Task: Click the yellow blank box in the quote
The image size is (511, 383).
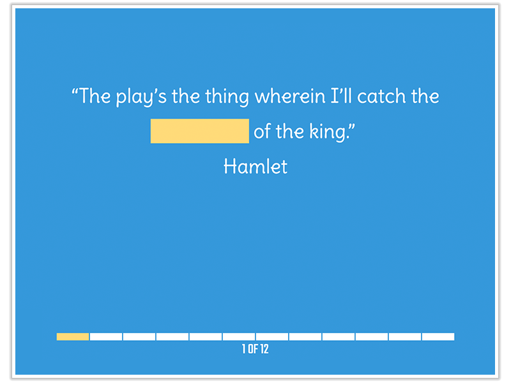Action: (199, 131)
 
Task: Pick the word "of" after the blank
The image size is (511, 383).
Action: (263, 131)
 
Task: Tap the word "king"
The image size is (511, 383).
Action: (328, 132)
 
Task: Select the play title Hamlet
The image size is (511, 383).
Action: (256, 167)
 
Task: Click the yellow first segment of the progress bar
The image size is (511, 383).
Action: (73, 336)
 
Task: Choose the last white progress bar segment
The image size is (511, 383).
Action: (438, 336)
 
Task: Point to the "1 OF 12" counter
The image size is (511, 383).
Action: (256, 349)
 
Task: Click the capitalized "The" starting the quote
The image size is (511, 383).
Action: (95, 97)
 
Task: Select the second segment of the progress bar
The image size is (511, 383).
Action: (106, 336)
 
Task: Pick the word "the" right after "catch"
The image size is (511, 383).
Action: (424, 97)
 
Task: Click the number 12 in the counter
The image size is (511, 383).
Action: (264, 349)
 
